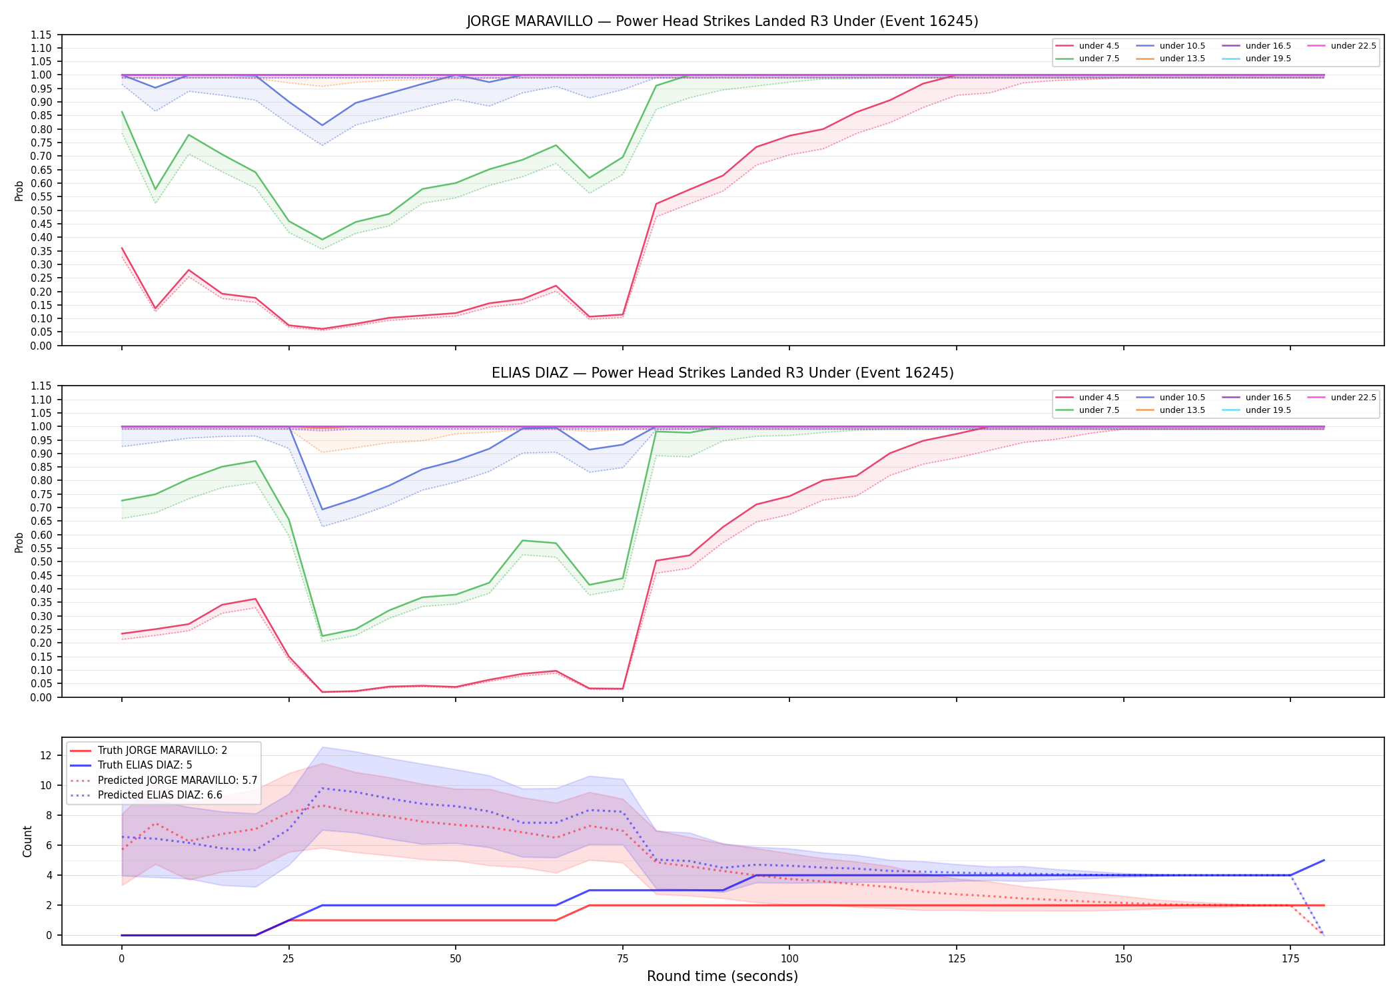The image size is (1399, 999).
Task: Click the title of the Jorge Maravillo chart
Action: [x=722, y=21]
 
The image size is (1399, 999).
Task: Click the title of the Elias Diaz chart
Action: [x=722, y=373]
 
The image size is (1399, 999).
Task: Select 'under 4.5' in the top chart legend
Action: [x=1099, y=46]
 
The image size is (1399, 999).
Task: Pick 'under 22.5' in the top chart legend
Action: [x=1353, y=46]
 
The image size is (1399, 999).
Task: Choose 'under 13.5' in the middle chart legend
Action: [x=1182, y=410]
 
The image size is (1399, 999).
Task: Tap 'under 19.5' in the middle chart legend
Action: [x=1268, y=410]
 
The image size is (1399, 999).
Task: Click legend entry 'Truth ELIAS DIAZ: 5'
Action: [x=145, y=765]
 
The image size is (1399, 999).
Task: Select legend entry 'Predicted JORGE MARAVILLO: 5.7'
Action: [x=177, y=780]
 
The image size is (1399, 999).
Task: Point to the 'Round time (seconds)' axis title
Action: [x=722, y=976]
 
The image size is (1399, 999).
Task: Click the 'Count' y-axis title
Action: [x=27, y=841]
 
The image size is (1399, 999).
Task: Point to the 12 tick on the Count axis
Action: [x=47, y=755]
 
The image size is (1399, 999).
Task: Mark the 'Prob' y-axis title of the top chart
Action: [x=19, y=190]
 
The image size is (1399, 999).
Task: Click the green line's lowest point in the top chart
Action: [x=322, y=240]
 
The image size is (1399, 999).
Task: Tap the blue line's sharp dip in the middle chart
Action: [x=322, y=509]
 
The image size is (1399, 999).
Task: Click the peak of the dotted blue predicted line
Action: [x=322, y=788]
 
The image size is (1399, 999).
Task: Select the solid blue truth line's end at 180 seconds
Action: [x=1324, y=860]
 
